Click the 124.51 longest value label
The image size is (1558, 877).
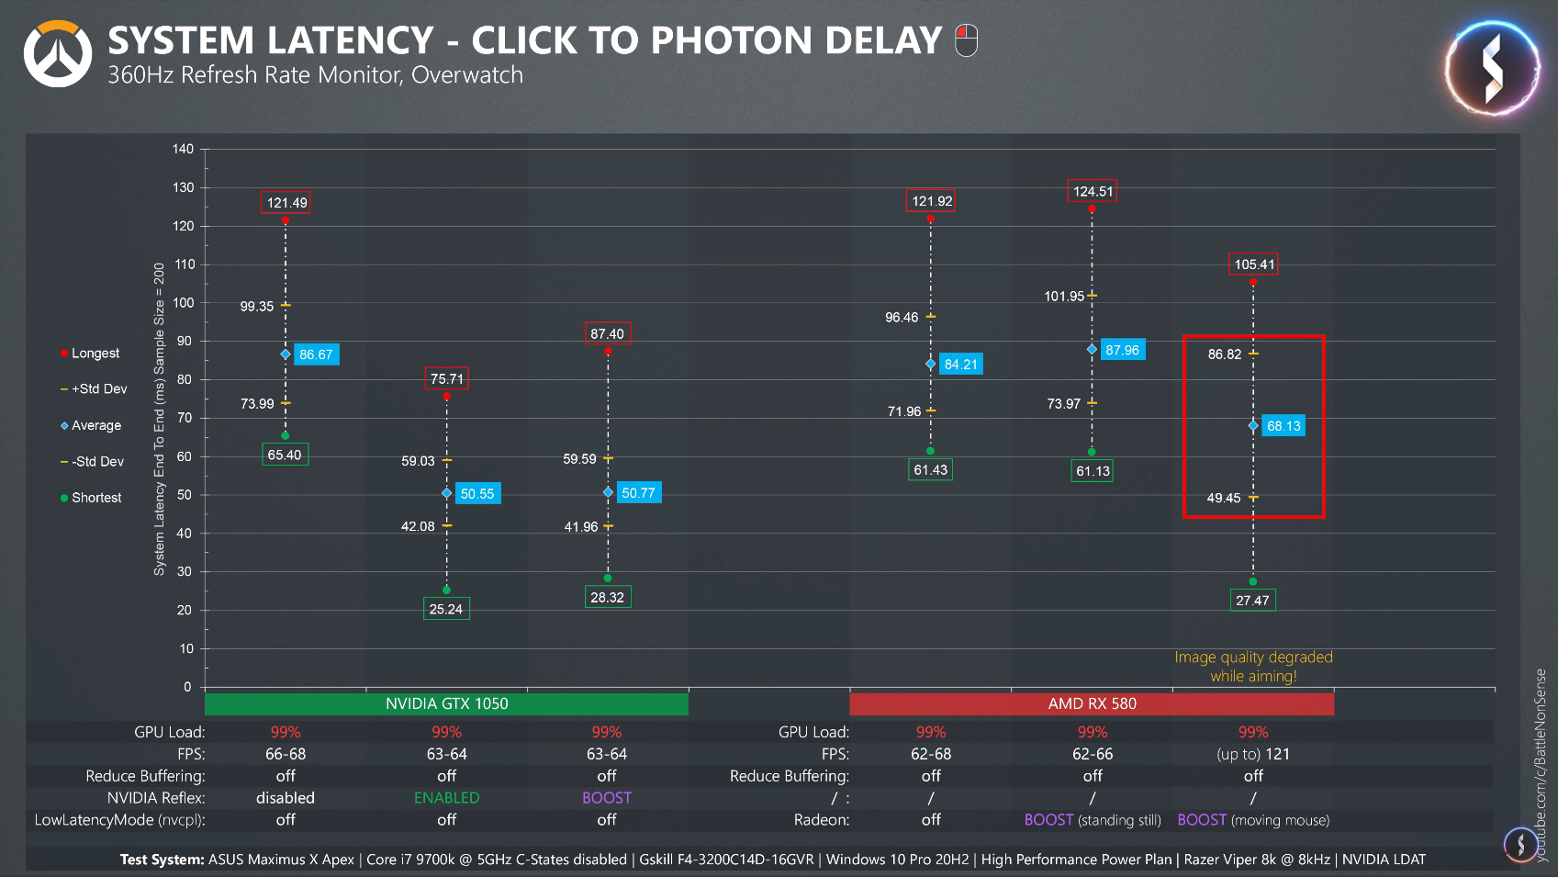(x=1093, y=191)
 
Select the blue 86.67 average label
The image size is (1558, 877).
(x=316, y=354)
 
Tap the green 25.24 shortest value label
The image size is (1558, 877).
(x=446, y=609)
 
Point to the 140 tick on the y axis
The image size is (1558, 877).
(x=184, y=149)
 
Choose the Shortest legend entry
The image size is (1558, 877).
(x=95, y=498)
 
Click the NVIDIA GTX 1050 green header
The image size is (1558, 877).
(x=446, y=703)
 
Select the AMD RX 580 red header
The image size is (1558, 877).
(x=1092, y=703)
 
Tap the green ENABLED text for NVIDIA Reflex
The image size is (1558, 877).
(x=446, y=798)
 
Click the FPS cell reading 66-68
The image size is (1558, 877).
(x=286, y=754)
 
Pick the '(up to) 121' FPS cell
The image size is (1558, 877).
(x=1253, y=754)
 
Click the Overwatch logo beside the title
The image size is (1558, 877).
(x=58, y=54)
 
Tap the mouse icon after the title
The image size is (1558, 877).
(x=966, y=40)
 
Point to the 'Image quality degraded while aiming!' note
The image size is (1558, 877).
(x=1253, y=667)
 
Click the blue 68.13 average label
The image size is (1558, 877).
(x=1283, y=426)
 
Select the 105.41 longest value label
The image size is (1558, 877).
(x=1254, y=264)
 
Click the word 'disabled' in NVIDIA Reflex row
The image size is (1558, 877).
(x=286, y=798)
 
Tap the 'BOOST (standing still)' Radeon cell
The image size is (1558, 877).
(x=1093, y=820)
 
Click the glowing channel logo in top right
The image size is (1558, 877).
(x=1492, y=69)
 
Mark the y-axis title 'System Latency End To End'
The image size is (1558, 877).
(x=160, y=419)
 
